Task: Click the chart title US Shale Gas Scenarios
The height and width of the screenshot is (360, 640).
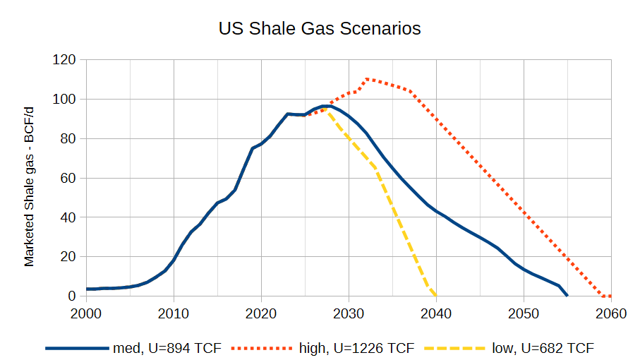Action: coord(320,29)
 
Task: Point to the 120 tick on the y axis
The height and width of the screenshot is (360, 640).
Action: coord(64,60)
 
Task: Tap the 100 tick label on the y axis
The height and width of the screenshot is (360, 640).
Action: coord(64,100)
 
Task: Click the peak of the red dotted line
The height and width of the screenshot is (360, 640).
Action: coord(366,79)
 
